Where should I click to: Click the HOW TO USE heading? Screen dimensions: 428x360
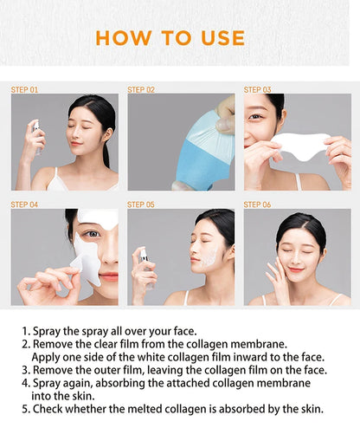[170, 37]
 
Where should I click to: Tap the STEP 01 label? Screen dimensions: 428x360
[24, 89]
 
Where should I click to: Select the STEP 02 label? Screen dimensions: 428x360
[141, 89]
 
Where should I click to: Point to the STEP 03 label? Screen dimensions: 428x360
[257, 89]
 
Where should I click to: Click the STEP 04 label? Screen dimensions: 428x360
[24, 204]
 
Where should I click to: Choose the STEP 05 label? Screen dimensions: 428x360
[141, 204]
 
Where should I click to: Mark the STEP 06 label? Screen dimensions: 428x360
[257, 204]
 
